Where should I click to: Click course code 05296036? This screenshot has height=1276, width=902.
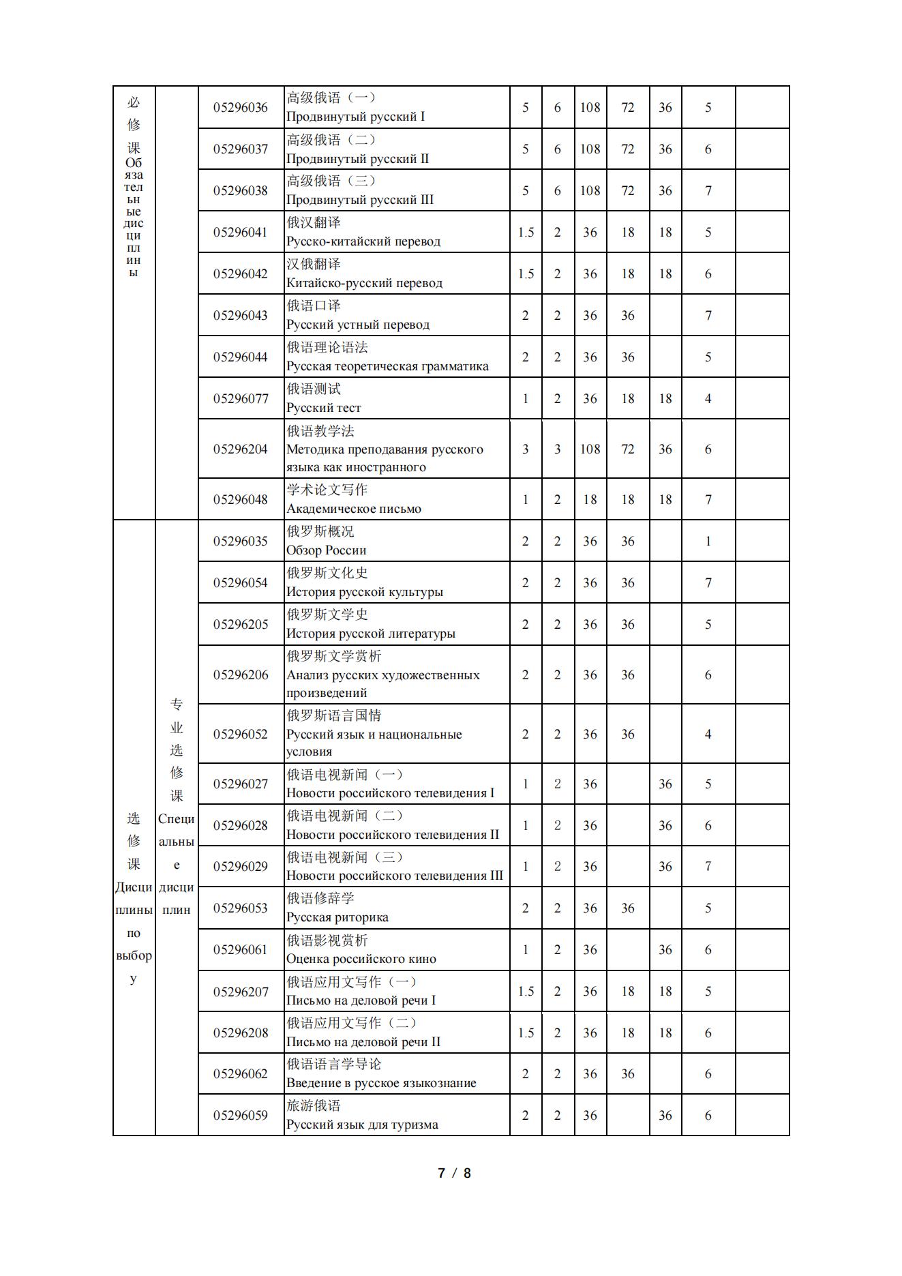[x=240, y=108]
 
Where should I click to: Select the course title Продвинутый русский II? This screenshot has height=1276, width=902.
[x=357, y=159]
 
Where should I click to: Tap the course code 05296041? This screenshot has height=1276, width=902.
[x=240, y=233]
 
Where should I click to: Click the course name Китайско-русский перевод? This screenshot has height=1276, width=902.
[x=364, y=283]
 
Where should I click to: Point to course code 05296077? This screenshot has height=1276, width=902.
[x=240, y=399]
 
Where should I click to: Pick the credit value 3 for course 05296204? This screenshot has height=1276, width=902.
[x=525, y=449]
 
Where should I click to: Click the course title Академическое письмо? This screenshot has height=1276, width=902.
[x=354, y=509]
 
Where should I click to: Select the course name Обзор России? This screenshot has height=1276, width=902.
[x=326, y=550]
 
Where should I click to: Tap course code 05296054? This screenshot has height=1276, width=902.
[x=240, y=583]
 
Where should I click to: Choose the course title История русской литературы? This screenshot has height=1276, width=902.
[x=370, y=634]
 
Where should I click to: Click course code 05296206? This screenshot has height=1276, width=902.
[x=240, y=675]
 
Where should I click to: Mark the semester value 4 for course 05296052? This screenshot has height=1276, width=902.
[x=708, y=735]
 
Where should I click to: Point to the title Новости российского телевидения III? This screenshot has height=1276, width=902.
[x=394, y=876]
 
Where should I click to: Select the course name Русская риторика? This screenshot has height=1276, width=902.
[x=337, y=917]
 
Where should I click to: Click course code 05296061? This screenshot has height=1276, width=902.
[x=240, y=950]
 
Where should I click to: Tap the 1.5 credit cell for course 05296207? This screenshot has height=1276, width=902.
[x=525, y=992]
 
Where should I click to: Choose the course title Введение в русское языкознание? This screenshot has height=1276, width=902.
[x=381, y=1083]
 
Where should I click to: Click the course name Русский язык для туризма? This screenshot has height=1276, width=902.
[x=362, y=1125]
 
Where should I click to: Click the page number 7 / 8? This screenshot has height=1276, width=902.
[x=454, y=1173]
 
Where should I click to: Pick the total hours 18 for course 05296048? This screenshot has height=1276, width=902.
[x=590, y=500]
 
